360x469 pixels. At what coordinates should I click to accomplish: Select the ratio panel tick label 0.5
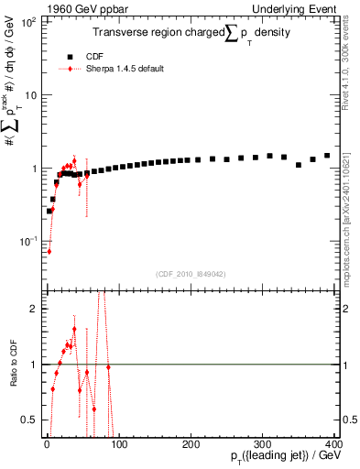click(x=31, y=420)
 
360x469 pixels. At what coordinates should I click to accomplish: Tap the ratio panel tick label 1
click(x=35, y=365)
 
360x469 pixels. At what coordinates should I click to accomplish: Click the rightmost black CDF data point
click(x=327, y=156)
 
